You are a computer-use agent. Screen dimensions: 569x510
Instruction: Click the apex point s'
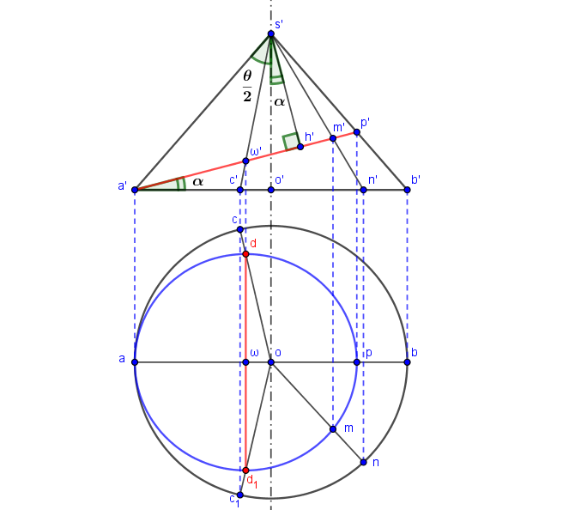coord(270,33)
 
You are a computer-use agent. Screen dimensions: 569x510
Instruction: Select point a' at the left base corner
coord(135,190)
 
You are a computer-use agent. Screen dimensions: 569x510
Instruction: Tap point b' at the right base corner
coord(407,190)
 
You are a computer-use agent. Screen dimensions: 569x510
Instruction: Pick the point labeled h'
coord(300,147)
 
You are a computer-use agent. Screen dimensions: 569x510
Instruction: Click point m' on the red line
coord(333,138)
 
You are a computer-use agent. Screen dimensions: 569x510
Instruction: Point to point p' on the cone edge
coord(357,132)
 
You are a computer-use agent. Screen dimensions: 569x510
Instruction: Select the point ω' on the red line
coord(245,161)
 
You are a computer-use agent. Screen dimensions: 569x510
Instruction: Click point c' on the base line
coord(239,190)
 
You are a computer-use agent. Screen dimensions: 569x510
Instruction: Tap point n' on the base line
coord(363,190)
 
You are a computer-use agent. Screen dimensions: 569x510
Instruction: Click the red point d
coord(245,254)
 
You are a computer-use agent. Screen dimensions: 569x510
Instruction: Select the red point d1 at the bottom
coord(245,471)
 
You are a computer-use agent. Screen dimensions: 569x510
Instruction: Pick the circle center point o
coord(270,362)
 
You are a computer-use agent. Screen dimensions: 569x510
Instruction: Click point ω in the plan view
coord(245,362)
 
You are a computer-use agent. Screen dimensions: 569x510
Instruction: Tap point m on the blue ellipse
coord(333,429)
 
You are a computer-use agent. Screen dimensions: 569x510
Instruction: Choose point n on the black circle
coord(363,462)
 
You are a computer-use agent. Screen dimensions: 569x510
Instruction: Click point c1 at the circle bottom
coord(239,495)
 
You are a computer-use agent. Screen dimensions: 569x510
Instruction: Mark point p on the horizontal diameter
coord(357,362)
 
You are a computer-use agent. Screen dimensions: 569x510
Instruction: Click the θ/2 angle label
coord(247,86)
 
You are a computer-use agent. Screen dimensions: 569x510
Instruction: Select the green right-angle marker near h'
coord(291,142)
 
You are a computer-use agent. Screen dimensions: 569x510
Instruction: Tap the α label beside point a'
coord(197,181)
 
